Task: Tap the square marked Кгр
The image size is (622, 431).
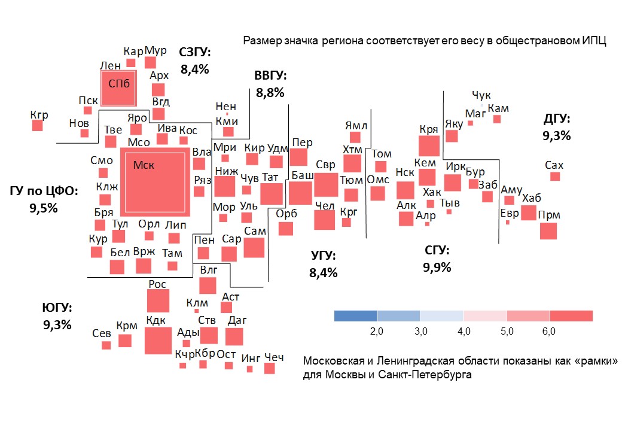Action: point(38,125)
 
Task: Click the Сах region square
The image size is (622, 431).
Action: point(555,177)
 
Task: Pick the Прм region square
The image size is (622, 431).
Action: point(548,231)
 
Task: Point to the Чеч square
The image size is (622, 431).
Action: point(269,369)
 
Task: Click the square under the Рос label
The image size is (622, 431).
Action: point(158,301)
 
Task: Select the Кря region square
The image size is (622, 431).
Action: point(429,145)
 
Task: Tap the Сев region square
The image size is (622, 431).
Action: point(106,345)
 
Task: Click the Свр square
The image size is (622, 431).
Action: point(326,184)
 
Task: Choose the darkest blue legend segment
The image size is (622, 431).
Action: point(355,316)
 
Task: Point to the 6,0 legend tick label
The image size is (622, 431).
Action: point(549,331)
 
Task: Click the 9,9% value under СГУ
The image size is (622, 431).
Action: point(437,267)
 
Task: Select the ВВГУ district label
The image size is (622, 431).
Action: point(270,76)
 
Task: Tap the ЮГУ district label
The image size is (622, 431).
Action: point(57,308)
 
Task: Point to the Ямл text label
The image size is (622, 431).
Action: point(356,126)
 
